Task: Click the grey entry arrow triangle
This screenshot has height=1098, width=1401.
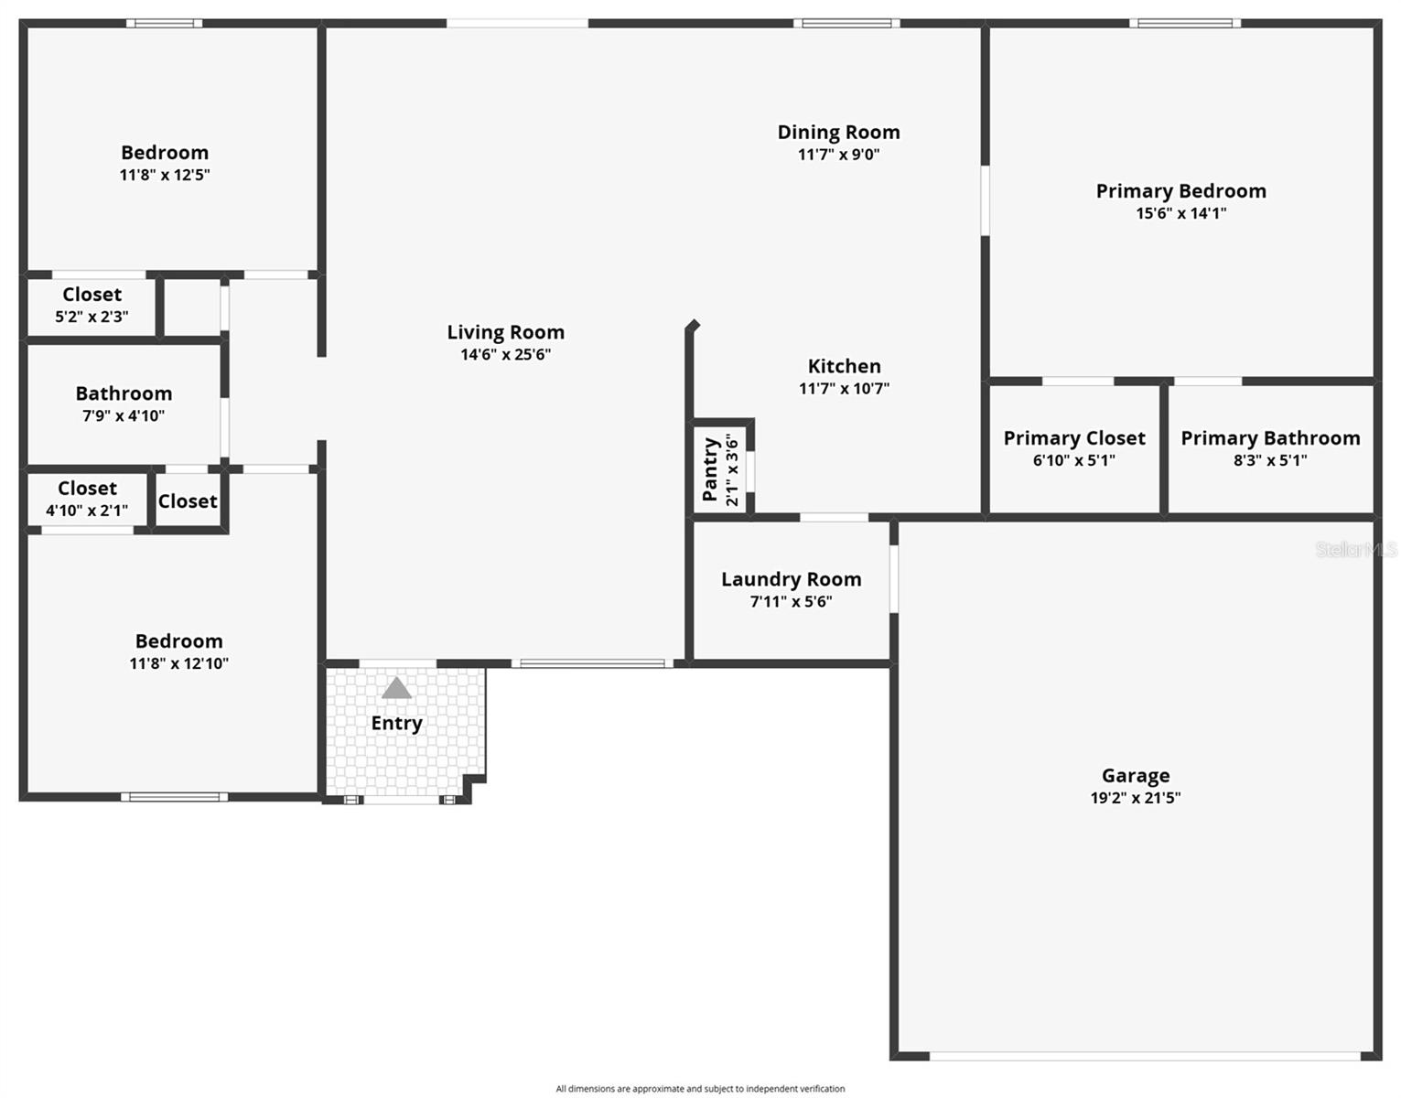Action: click(396, 688)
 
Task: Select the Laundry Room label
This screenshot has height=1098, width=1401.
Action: click(791, 579)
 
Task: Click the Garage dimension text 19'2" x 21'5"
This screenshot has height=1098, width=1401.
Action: click(1135, 798)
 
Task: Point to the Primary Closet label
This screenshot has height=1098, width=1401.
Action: click(1074, 438)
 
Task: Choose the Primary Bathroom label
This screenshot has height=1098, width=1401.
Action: click(1270, 438)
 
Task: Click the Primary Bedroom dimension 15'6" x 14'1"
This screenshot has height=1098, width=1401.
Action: click(1180, 213)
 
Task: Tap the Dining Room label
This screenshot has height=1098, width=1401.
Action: click(838, 133)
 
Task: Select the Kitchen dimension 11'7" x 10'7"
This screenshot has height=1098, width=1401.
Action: click(844, 388)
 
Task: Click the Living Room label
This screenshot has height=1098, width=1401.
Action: click(505, 332)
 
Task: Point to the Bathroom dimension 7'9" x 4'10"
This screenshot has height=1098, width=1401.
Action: click(124, 415)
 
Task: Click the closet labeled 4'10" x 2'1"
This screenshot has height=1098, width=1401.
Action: click(87, 500)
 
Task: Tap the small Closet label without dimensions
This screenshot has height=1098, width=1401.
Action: click(188, 501)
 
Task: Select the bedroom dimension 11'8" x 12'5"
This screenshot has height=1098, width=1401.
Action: click(165, 175)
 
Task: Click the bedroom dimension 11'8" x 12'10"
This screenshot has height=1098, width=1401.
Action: click(178, 663)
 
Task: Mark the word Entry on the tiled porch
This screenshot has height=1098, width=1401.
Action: click(396, 723)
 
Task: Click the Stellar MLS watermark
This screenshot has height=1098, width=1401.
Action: click(1355, 549)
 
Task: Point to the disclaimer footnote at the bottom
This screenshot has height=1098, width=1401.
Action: click(700, 1089)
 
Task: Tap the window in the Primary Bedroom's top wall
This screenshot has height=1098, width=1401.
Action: click(1185, 24)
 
